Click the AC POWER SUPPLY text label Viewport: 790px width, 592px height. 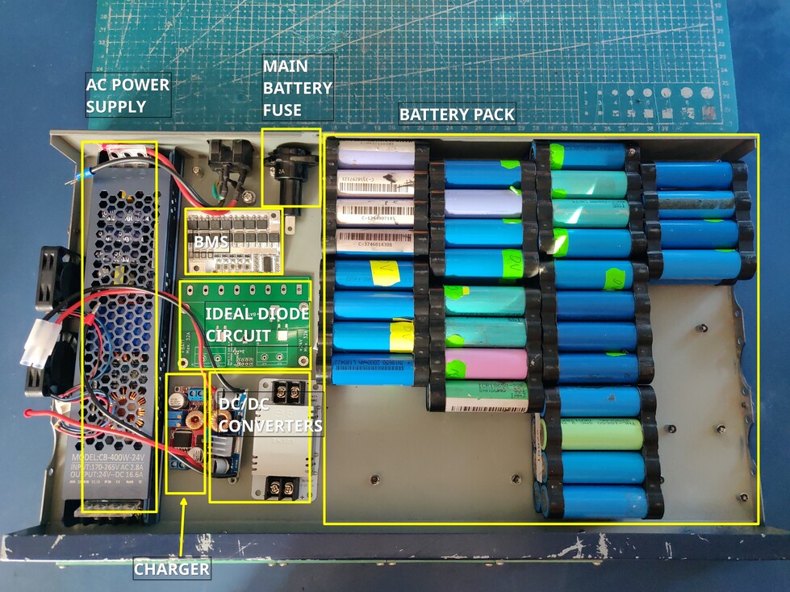(x=127, y=94)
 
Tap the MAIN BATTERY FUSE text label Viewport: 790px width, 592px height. (x=296, y=87)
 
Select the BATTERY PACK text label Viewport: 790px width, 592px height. (x=457, y=115)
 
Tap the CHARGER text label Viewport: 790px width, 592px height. (x=171, y=569)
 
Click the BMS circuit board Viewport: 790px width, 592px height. (x=233, y=241)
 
